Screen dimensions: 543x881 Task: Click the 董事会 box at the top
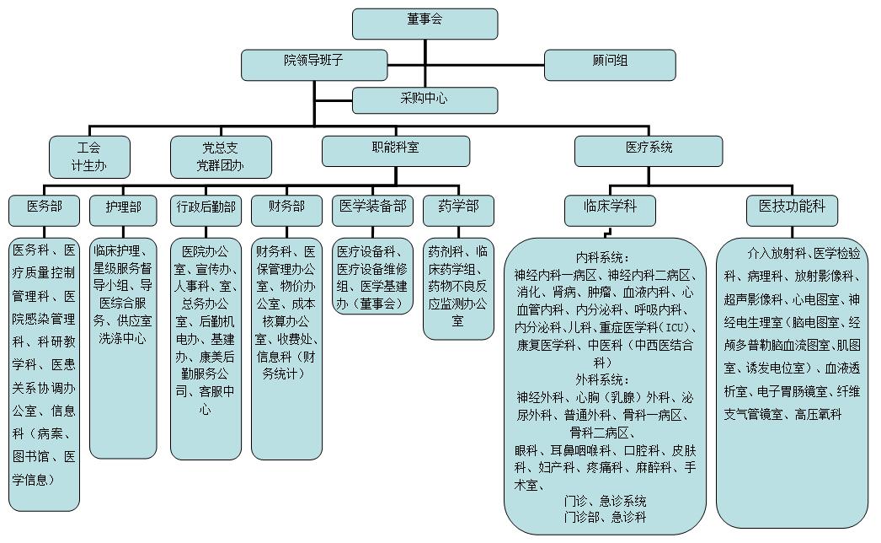click(x=424, y=24)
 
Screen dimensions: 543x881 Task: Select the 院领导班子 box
click(x=314, y=65)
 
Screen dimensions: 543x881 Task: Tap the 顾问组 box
click(x=610, y=65)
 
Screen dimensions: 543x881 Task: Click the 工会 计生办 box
click(x=89, y=157)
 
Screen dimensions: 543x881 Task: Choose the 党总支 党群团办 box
click(x=221, y=157)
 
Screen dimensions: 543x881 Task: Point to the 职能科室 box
click(x=395, y=150)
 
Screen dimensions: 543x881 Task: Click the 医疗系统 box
click(x=649, y=150)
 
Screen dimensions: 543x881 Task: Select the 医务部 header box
click(x=44, y=210)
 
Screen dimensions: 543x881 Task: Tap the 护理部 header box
click(x=123, y=210)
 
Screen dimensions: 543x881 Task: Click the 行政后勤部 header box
click(x=206, y=210)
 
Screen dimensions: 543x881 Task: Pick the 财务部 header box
click(x=286, y=210)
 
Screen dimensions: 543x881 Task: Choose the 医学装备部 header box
click(x=373, y=210)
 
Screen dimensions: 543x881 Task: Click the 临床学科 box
click(x=610, y=210)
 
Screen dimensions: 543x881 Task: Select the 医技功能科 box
click(x=792, y=210)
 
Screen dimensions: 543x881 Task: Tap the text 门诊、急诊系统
click(x=605, y=501)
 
